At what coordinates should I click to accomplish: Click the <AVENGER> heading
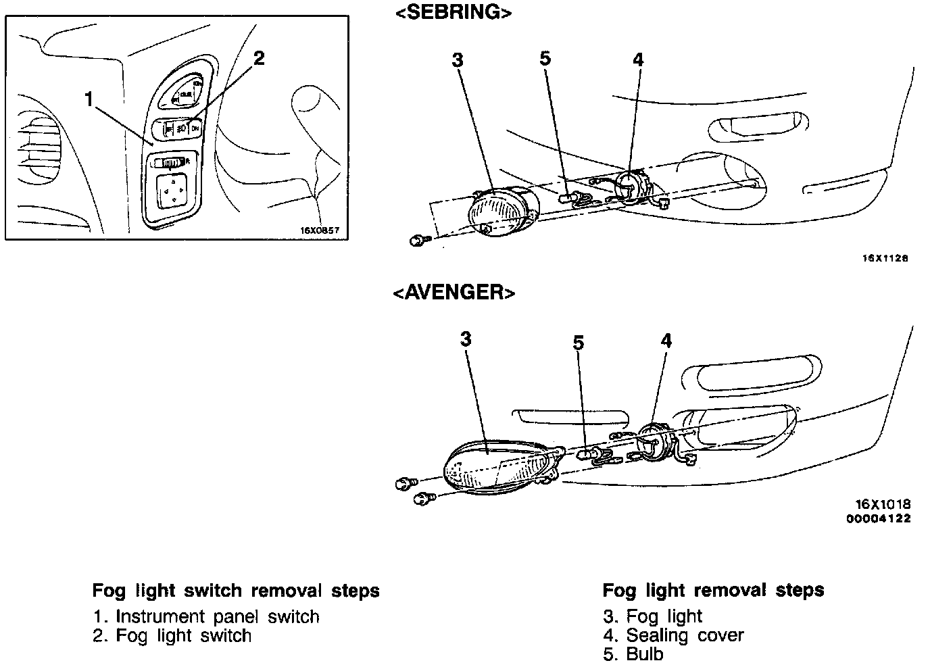pyautogui.click(x=454, y=292)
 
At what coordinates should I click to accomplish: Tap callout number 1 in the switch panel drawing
pyautogui.click(x=89, y=99)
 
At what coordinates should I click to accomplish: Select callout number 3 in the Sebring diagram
pyautogui.click(x=458, y=59)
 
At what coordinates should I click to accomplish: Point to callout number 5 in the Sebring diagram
pyautogui.click(x=545, y=58)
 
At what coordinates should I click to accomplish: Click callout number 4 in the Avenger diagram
pyautogui.click(x=666, y=341)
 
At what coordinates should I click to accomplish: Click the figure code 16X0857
pyautogui.click(x=319, y=230)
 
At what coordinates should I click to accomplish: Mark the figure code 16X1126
pyautogui.click(x=885, y=258)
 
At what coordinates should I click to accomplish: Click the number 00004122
pyautogui.click(x=878, y=518)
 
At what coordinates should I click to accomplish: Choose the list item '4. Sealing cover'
pyautogui.click(x=673, y=635)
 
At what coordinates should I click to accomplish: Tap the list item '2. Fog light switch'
pyautogui.click(x=172, y=635)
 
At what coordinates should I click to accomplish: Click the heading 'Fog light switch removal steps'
pyautogui.click(x=236, y=591)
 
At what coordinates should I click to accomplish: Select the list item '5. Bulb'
pyautogui.click(x=633, y=654)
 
